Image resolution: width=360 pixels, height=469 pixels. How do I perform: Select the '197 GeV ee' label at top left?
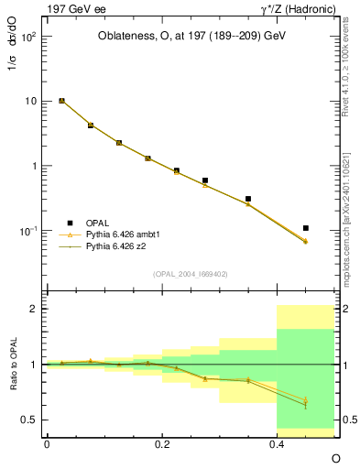pyautogui.click(x=73, y=9)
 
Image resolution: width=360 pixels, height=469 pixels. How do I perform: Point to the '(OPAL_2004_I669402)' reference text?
pyautogui.click(x=190, y=273)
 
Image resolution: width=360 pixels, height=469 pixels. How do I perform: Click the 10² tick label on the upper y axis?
pyautogui.click(x=29, y=36)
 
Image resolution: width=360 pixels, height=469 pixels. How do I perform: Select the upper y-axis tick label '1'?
pyautogui.click(x=35, y=167)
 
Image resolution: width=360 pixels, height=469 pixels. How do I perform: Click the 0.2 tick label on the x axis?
pyautogui.click(x=161, y=443)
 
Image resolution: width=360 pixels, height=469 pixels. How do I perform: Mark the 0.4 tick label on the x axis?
pyautogui.click(x=277, y=443)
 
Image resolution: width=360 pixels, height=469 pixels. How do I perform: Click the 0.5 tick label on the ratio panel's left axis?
pyautogui.click(x=30, y=420)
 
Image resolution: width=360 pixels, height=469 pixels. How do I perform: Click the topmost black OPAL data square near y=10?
pyautogui.click(x=61, y=101)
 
